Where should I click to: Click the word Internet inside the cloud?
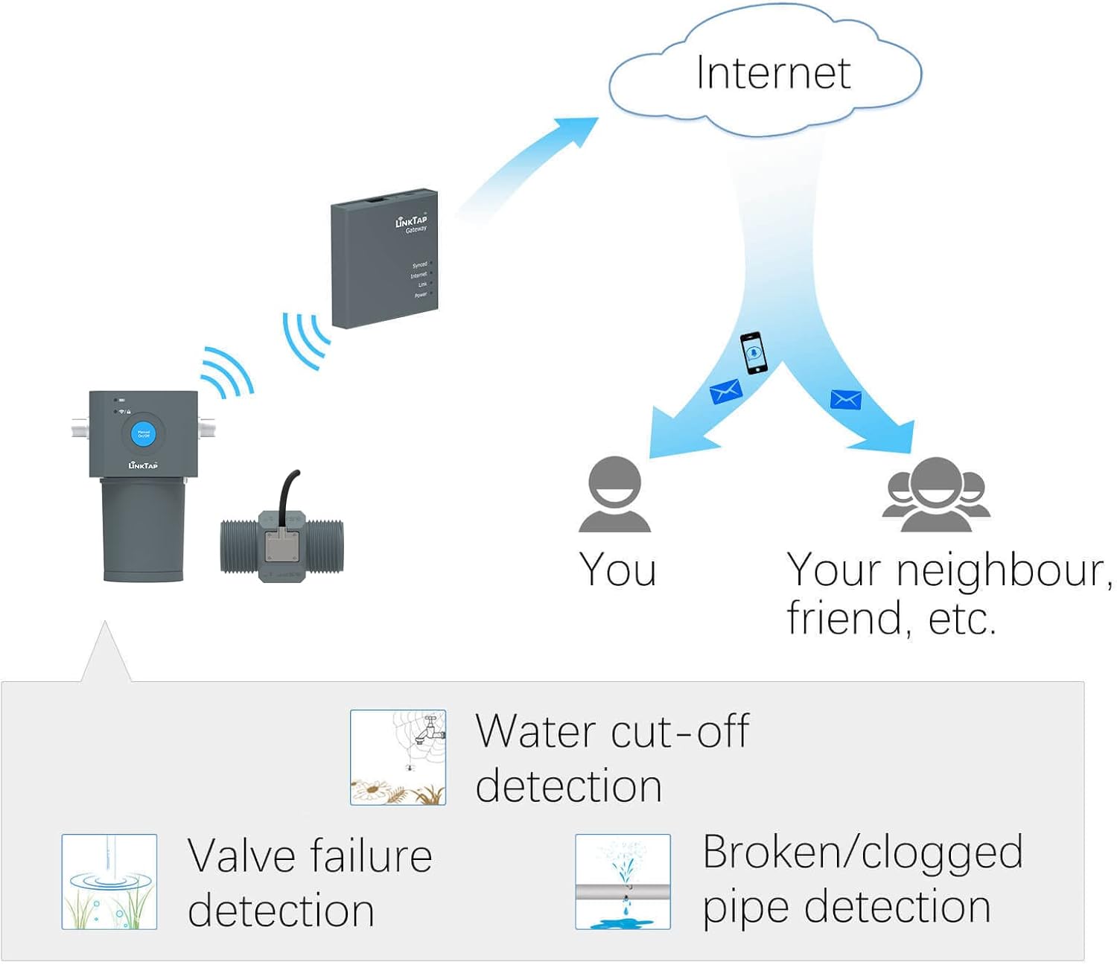pyautogui.click(x=773, y=73)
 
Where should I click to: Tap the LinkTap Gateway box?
pyautogui.click(x=384, y=258)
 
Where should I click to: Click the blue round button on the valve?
pyautogui.click(x=143, y=434)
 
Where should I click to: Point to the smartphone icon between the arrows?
pyautogui.click(x=754, y=352)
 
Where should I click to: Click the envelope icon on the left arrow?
pyautogui.click(x=725, y=391)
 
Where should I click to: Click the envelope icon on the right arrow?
pyautogui.click(x=846, y=399)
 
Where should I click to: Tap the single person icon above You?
pyautogui.click(x=615, y=495)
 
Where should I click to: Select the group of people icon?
pyautogui.click(x=936, y=495)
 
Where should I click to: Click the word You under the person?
pyautogui.click(x=618, y=570)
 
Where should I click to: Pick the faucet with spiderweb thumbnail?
pyautogui.click(x=398, y=757)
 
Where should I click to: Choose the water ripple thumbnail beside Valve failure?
pyautogui.click(x=109, y=882)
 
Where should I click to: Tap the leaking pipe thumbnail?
pyautogui.click(x=623, y=882)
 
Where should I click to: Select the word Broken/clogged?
pyautogui.click(x=862, y=853)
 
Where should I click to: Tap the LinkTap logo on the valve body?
pyautogui.click(x=143, y=465)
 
